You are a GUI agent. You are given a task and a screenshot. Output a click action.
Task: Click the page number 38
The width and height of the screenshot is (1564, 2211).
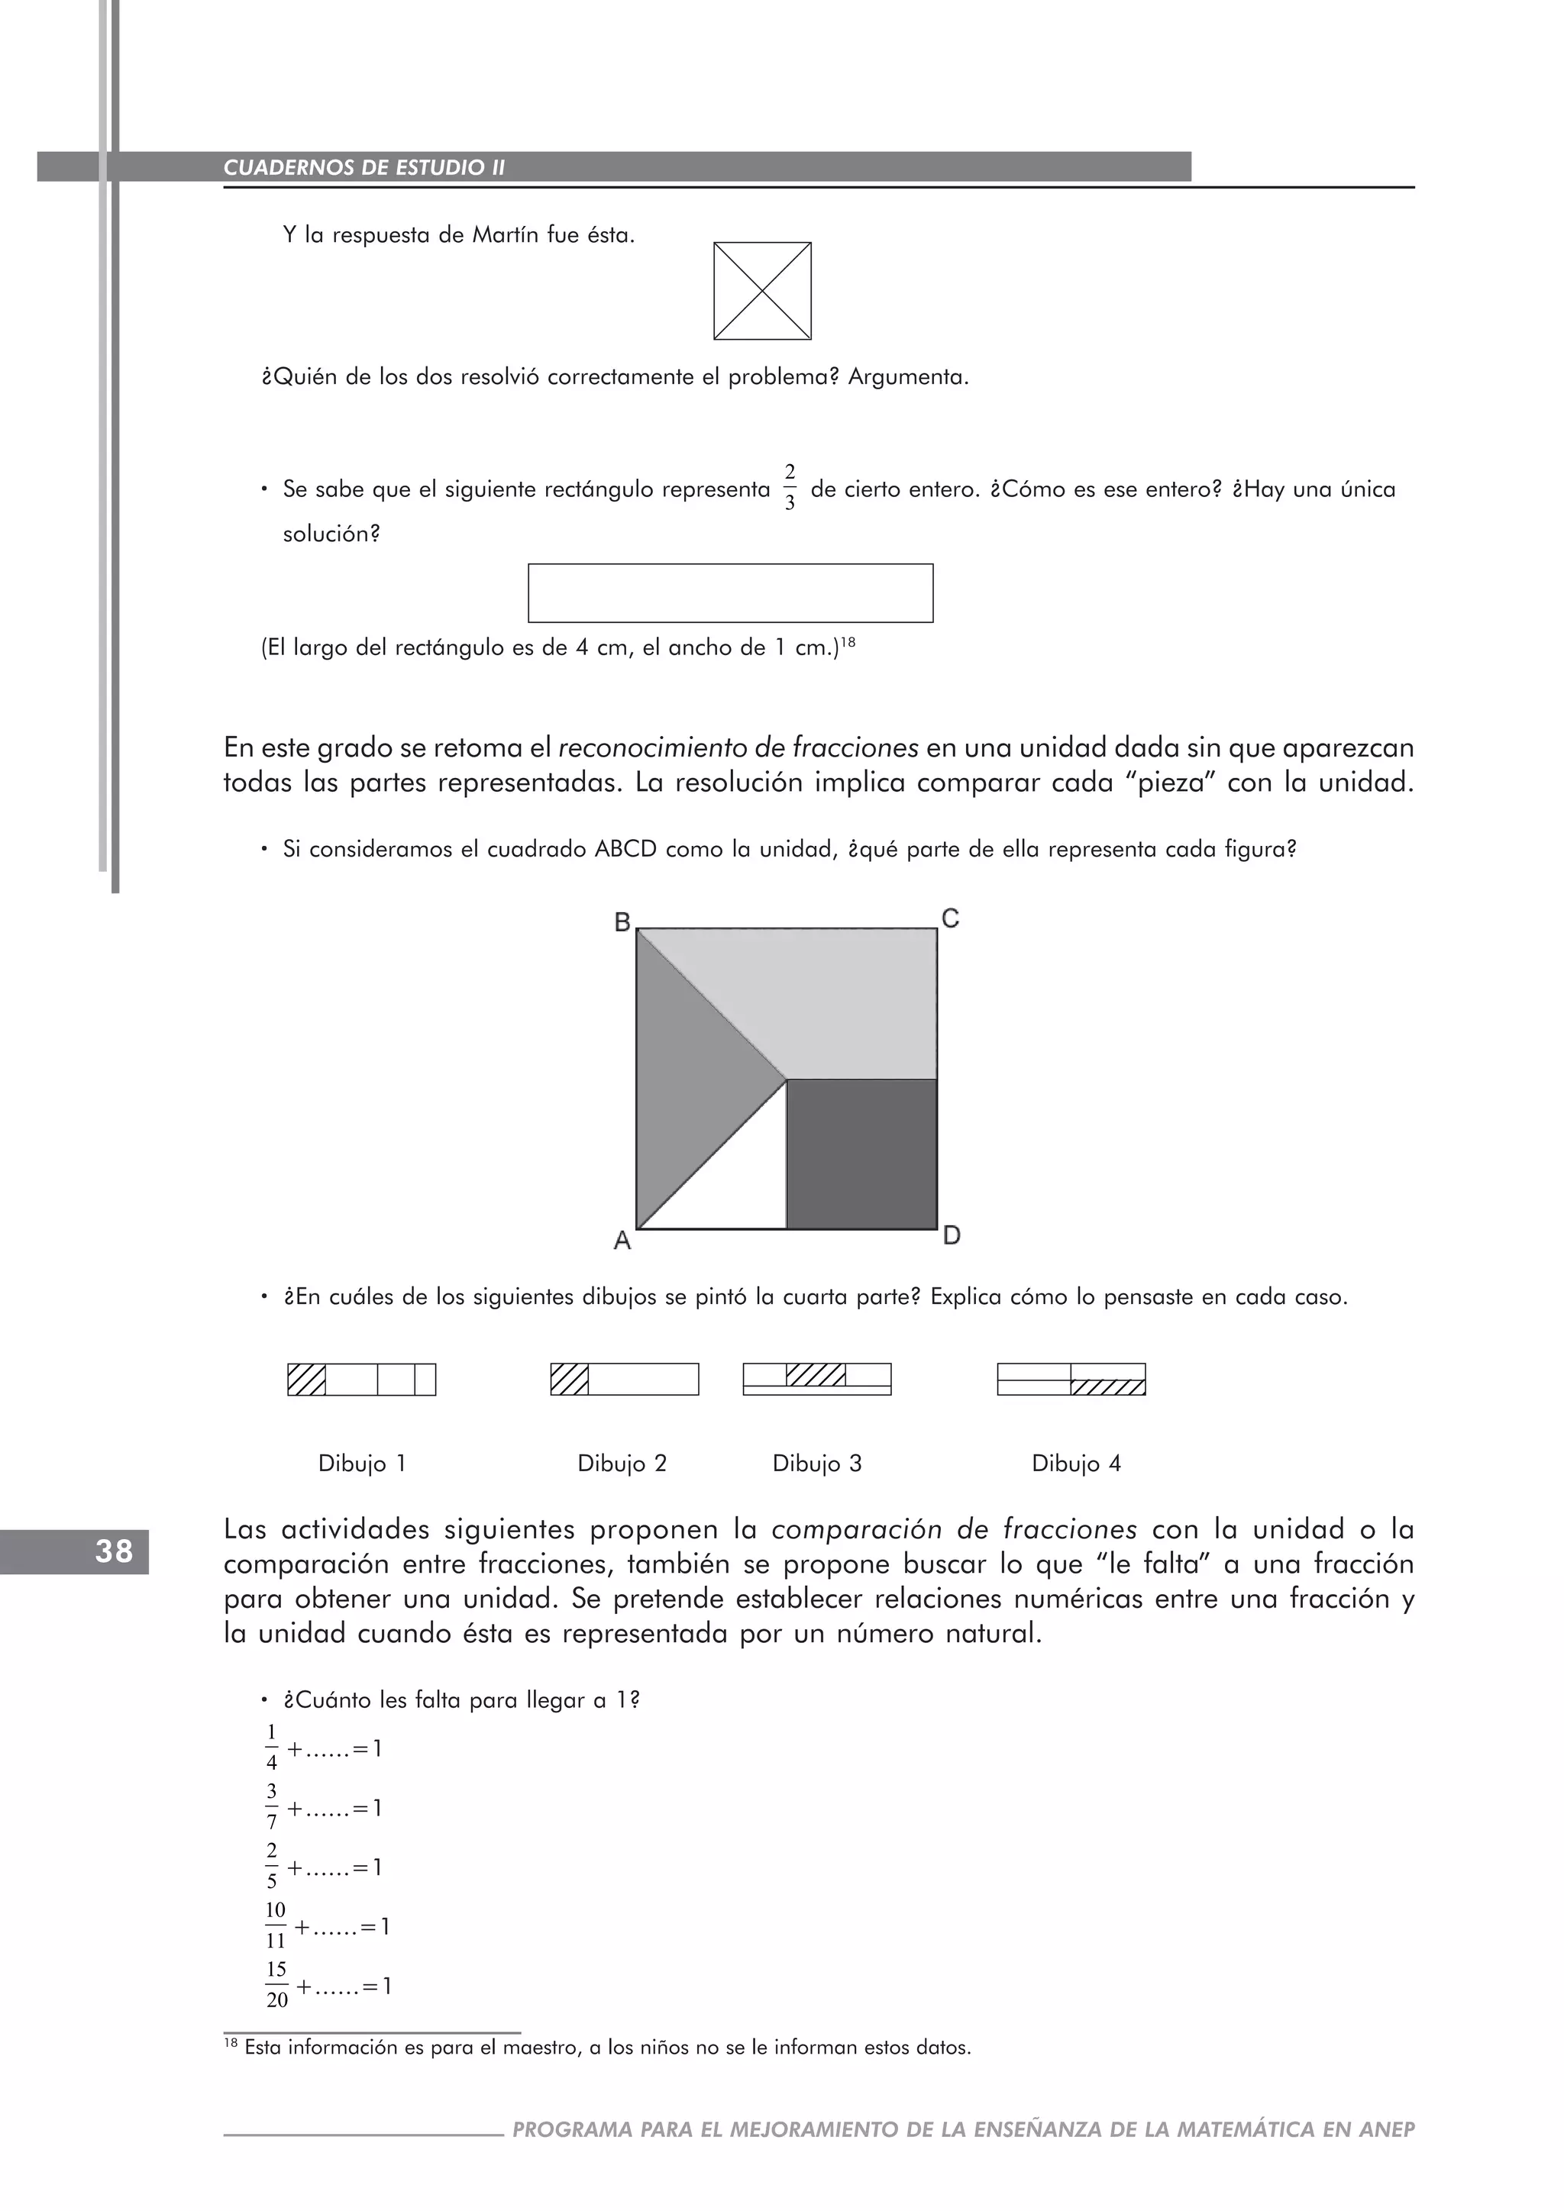(x=114, y=1552)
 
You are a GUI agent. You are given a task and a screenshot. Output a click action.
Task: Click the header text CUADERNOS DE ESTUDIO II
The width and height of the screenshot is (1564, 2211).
(x=364, y=167)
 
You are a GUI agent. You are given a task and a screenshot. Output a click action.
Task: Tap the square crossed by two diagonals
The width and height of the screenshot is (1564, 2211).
(x=762, y=291)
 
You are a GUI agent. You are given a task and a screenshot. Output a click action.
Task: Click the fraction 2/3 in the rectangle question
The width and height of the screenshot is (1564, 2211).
(x=790, y=488)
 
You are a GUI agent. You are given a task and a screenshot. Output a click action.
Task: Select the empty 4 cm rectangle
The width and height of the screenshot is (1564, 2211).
(x=730, y=593)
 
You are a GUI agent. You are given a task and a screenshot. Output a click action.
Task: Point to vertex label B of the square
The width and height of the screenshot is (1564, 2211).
(x=622, y=922)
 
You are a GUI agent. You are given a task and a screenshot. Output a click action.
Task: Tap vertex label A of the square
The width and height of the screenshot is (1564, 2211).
(x=622, y=1241)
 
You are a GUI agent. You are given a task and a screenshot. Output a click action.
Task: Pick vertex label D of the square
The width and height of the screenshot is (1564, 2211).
(x=952, y=1235)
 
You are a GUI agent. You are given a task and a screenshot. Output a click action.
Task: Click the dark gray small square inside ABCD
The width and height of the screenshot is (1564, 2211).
(x=861, y=1154)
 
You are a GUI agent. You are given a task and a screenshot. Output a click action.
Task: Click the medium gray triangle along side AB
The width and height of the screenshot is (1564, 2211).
(x=689, y=1079)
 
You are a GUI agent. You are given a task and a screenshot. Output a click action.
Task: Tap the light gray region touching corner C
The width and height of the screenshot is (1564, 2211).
(x=848, y=1002)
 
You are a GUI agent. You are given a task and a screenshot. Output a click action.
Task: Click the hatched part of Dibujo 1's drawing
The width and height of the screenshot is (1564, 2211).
(x=306, y=1380)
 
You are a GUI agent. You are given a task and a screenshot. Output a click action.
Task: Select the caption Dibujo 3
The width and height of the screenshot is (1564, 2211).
(x=816, y=1464)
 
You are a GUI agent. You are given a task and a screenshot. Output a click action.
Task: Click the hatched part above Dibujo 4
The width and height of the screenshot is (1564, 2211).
(x=1107, y=1388)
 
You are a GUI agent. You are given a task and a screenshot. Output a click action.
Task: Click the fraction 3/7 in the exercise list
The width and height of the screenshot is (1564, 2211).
(x=272, y=1806)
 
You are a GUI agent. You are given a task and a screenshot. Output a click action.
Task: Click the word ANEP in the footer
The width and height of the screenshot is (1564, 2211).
(x=1387, y=2129)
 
